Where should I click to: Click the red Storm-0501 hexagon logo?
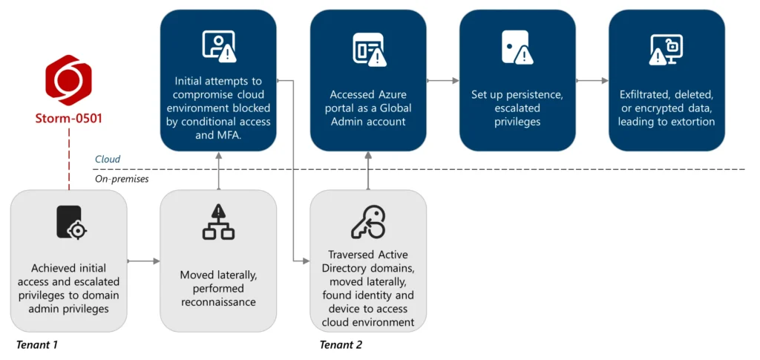(68, 79)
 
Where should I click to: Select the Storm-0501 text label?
(68, 118)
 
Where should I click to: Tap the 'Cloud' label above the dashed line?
(108, 160)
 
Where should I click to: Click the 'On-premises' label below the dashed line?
(120, 178)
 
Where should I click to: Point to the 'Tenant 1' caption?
(36, 345)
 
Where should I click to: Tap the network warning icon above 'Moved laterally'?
(218, 222)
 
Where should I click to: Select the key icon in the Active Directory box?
(368, 220)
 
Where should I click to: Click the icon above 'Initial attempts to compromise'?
(218, 46)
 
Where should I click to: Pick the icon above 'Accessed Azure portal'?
(368, 49)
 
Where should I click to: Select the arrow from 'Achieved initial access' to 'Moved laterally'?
(144, 261)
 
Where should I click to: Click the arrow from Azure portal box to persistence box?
(443, 80)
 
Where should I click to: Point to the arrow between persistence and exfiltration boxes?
(592, 80)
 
